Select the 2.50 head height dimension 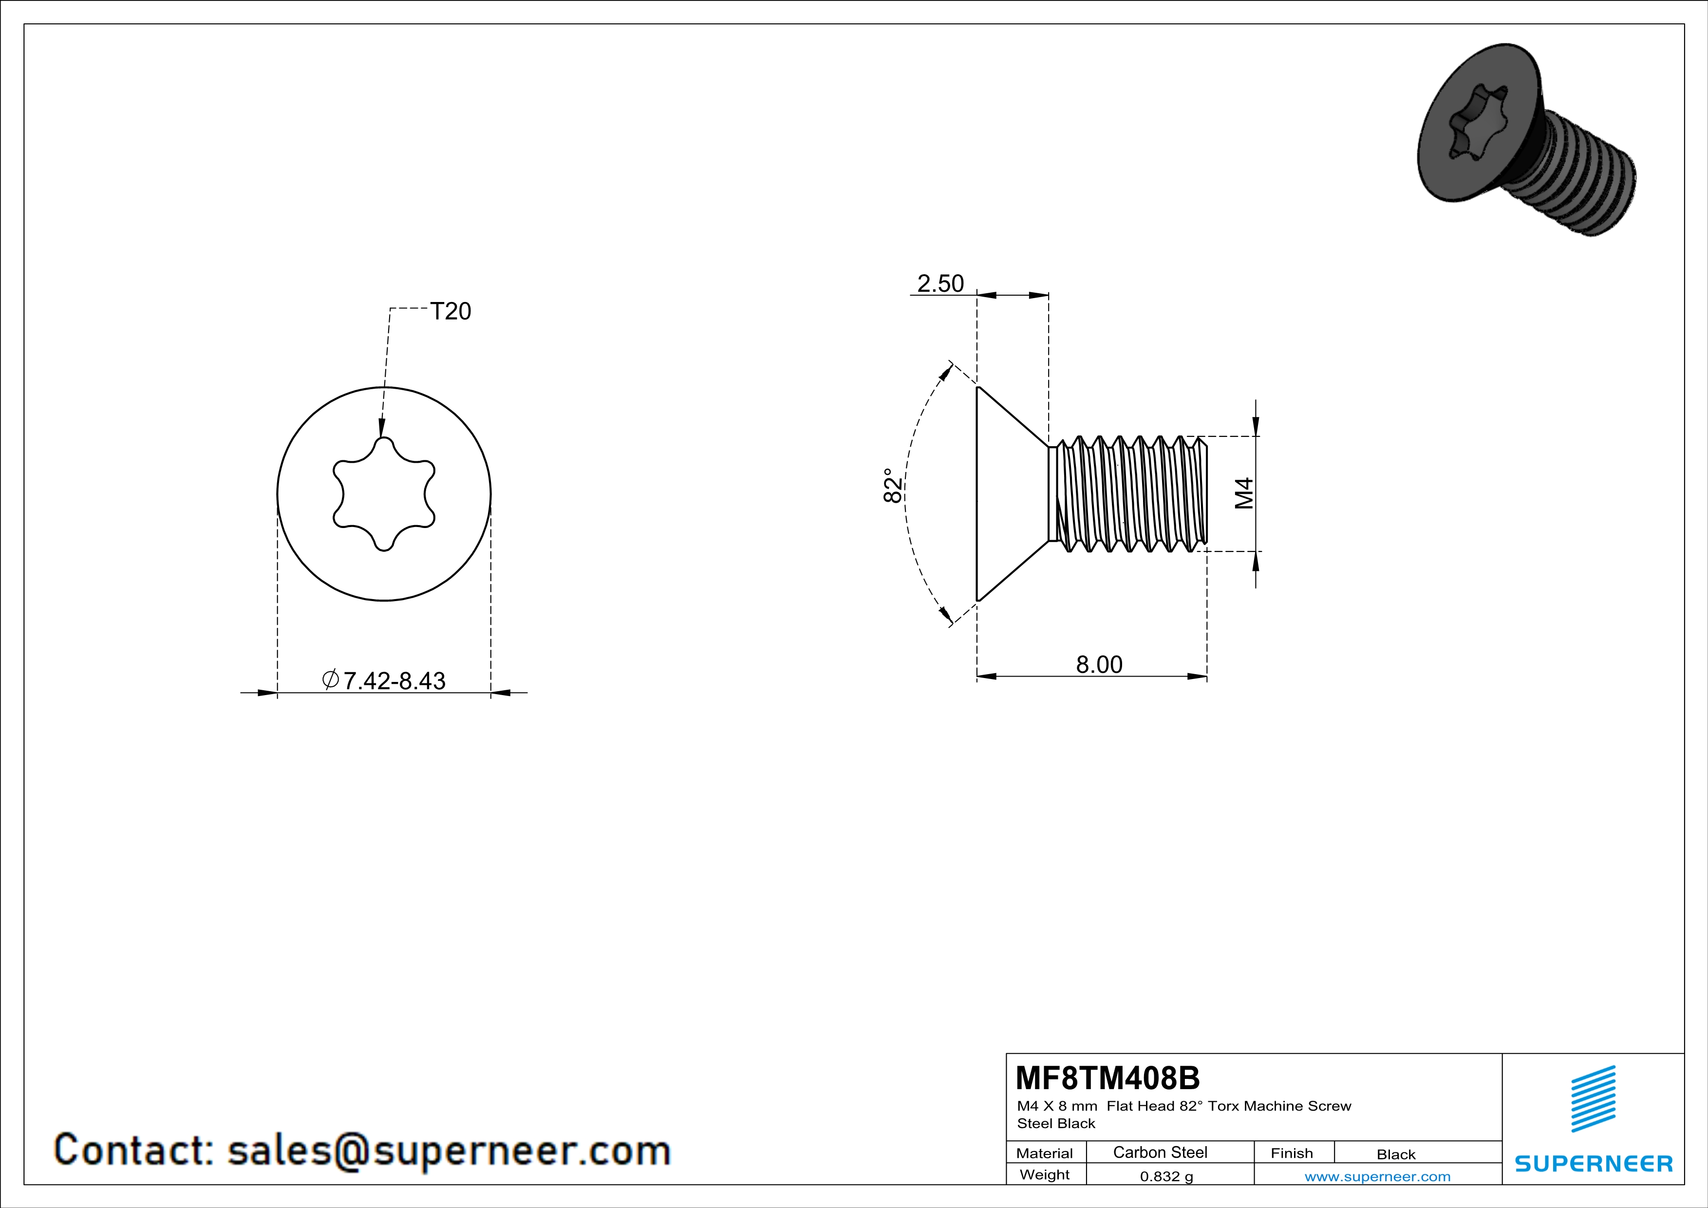click(940, 283)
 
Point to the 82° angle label click(893, 486)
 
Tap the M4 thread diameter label click(1244, 493)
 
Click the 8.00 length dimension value click(1100, 664)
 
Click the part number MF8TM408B click(1107, 1078)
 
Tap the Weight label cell click(1045, 1174)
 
